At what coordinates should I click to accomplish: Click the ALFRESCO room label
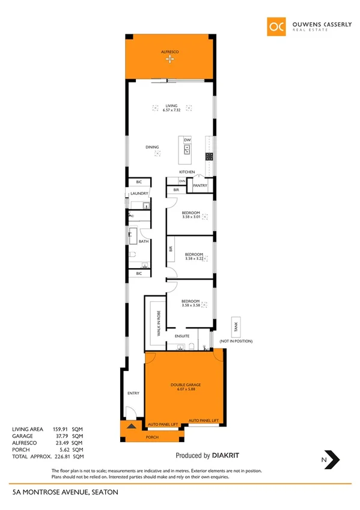click(x=170, y=52)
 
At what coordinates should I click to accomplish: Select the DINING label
click(x=152, y=147)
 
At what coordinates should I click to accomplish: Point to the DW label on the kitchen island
click(x=187, y=140)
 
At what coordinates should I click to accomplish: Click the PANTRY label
click(x=200, y=186)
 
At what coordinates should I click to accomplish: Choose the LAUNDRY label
click(x=139, y=194)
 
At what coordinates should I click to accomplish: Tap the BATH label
click(x=144, y=242)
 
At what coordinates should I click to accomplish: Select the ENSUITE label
click(x=182, y=336)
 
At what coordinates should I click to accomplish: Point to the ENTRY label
click(x=133, y=393)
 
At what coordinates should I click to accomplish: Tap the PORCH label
click(x=153, y=437)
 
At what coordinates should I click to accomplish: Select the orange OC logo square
click(x=275, y=26)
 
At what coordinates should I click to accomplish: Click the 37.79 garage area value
click(x=62, y=436)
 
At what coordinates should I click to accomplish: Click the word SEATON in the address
click(x=105, y=493)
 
